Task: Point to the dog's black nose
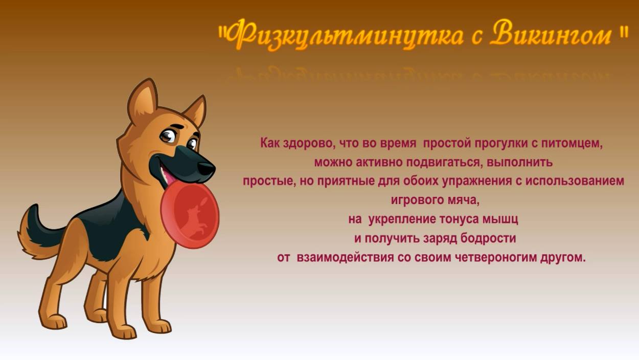click(x=206, y=168)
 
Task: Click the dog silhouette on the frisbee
click(x=192, y=217)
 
